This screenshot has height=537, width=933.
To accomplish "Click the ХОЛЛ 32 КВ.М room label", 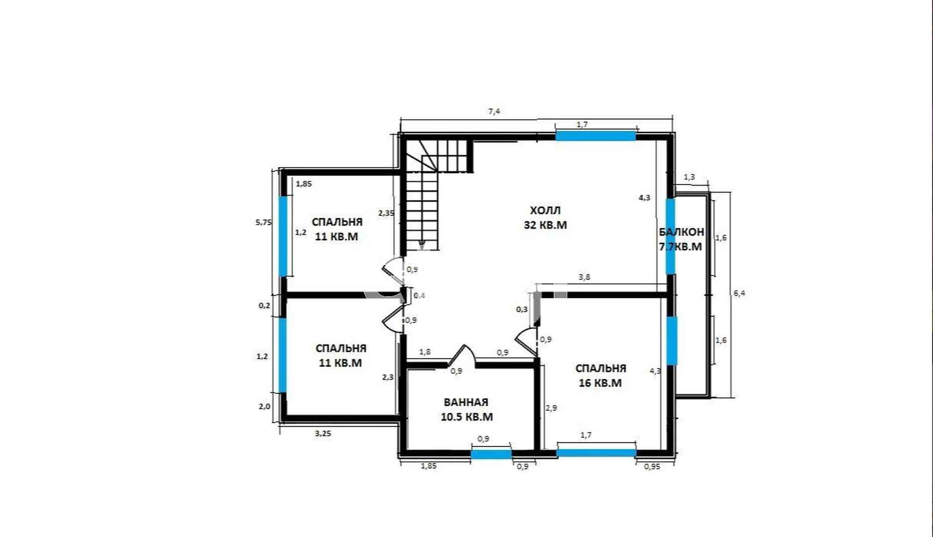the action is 545,218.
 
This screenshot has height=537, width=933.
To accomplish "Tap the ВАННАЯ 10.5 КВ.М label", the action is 467,409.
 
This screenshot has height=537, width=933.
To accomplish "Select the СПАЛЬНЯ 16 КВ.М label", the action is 601,375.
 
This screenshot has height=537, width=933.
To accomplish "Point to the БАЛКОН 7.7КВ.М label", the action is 681,239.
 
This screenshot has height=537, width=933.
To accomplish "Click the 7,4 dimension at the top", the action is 494,112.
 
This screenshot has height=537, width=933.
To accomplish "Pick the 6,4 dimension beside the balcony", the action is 739,293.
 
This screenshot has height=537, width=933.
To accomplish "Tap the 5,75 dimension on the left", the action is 264,222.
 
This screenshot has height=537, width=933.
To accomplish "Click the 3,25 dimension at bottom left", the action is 323,433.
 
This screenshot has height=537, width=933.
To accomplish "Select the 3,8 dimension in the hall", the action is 585,277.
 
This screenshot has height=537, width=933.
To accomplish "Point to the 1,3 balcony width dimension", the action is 689,177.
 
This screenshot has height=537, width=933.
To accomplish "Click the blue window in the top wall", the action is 596,136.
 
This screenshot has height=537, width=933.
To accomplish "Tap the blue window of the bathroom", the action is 491,453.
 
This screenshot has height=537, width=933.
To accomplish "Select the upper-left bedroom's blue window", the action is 283,236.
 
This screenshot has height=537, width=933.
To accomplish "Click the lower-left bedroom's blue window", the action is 283,355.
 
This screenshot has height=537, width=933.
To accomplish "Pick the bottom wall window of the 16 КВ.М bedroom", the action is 597,452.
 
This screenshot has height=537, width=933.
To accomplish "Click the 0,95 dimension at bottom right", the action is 652,466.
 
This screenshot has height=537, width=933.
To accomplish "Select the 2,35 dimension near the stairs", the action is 386,213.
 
